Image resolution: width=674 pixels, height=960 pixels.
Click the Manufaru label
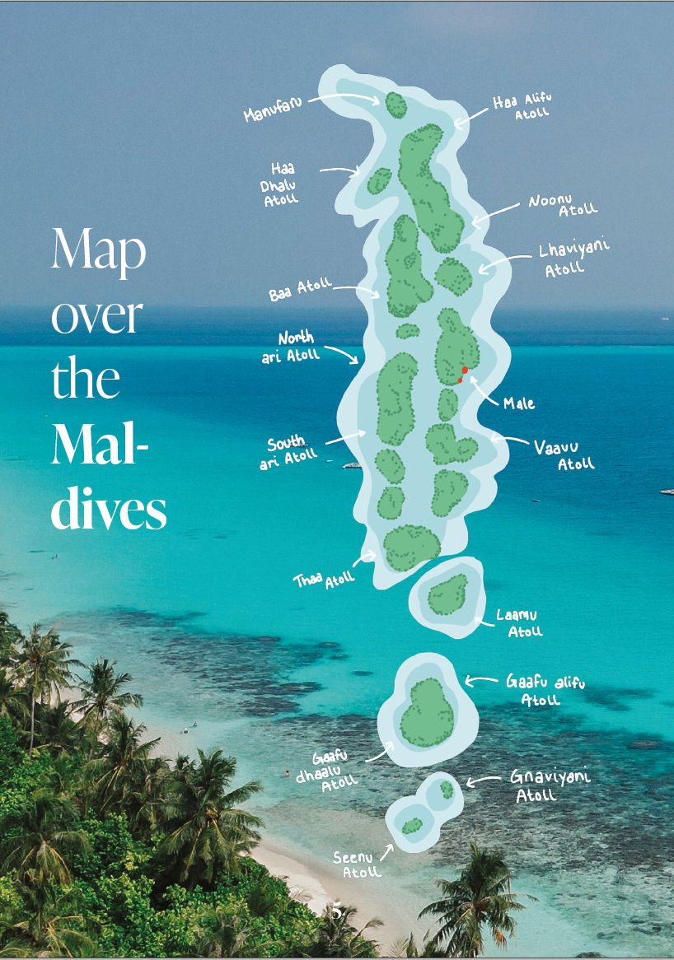click(x=273, y=109)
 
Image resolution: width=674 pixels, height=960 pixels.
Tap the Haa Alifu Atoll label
click(x=522, y=107)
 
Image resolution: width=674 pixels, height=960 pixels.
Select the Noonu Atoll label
click(x=563, y=205)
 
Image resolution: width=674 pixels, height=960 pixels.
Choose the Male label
click(x=519, y=403)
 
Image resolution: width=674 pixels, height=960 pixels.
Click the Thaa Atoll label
click(x=324, y=580)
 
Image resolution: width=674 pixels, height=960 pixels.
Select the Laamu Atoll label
click(x=520, y=623)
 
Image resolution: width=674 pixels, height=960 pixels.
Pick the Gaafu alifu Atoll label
click(x=544, y=690)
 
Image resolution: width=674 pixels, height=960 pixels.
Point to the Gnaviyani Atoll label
click(x=539, y=787)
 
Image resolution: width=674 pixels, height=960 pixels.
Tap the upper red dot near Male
click(x=465, y=370)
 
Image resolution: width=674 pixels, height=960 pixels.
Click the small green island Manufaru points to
click(x=396, y=105)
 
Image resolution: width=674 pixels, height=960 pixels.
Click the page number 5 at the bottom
click(x=336, y=912)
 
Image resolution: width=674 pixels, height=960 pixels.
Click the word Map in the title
click(x=98, y=249)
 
